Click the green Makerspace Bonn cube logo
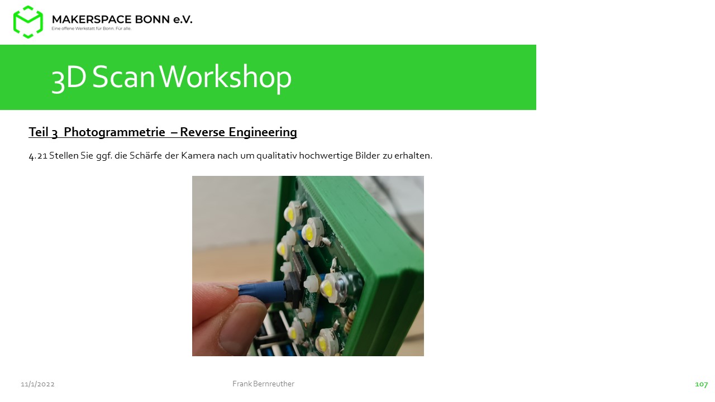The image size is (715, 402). pos(28,22)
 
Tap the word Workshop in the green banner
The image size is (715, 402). pos(225,77)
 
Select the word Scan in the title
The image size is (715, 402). pos(123,77)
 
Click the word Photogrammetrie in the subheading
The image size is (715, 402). pos(115,132)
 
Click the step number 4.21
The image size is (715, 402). pos(38,156)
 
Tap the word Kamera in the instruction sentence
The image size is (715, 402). pos(198,156)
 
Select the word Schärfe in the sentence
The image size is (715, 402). pos(146,156)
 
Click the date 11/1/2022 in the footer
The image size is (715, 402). pos(37,384)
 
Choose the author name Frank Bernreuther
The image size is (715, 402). pos(263,384)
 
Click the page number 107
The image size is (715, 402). pos(701,385)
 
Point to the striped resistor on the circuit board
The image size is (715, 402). pos(350,322)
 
